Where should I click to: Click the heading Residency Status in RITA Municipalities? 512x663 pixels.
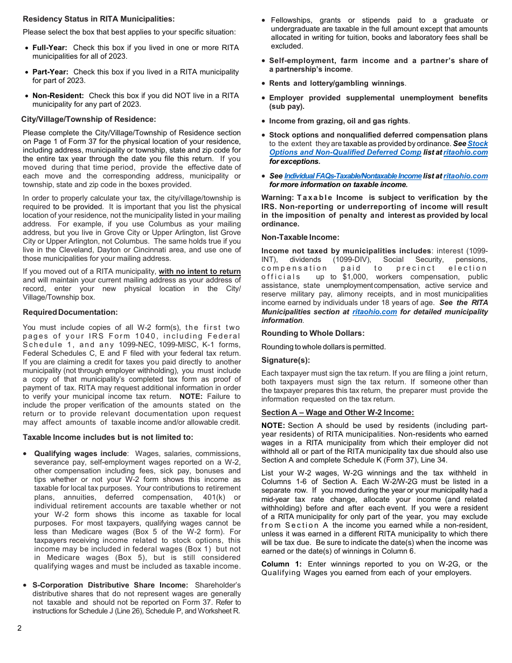[x=99, y=19]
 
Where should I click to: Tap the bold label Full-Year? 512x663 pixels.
[x=50, y=47]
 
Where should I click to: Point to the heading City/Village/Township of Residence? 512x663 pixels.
[x=88, y=119]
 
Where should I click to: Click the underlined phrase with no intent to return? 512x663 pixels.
[x=199, y=272]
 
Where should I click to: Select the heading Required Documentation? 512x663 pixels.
[x=70, y=312]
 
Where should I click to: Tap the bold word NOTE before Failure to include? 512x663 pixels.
[x=190, y=396]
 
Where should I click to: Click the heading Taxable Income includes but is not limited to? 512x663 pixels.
[x=108, y=437]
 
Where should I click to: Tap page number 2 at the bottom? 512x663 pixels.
[x=19, y=628]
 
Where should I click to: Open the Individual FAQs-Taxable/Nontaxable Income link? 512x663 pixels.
[x=352, y=176]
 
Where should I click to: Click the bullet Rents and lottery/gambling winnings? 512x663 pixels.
[x=337, y=84]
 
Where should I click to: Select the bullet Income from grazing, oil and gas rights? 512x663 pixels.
[x=339, y=121]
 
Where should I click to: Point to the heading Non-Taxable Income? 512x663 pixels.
[x=300, y=237]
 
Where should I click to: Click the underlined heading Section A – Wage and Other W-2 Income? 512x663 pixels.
[x=337, y=412]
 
